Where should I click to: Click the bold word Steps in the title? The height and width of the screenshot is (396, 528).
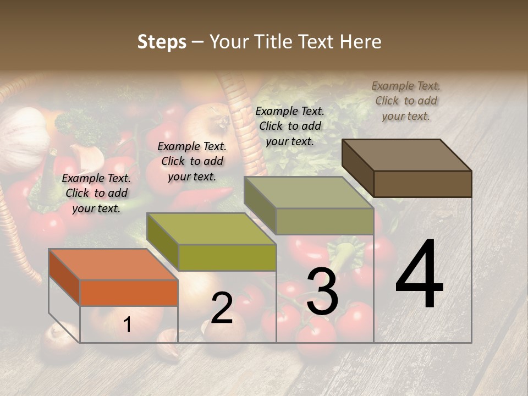tap(162, 42)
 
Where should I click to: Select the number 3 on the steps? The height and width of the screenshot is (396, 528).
tap(322, 291)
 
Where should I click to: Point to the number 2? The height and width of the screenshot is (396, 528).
tap(222, 309)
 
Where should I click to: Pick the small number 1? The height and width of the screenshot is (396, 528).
tap(128, 325)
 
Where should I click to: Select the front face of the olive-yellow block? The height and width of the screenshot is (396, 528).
tap(227, 257)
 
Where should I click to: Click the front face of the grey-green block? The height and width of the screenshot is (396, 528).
tap(324, 221)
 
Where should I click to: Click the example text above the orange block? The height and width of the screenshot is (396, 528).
tap(96, 193)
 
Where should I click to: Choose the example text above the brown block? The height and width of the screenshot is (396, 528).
tap(406, 101)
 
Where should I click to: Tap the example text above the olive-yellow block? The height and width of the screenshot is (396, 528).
tap(192, 161)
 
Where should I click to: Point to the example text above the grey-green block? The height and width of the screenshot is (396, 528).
tap(290, 126)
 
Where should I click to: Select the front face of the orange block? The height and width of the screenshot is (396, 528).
tap(129, 293)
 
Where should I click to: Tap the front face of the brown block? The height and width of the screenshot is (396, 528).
tap(422, 184)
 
